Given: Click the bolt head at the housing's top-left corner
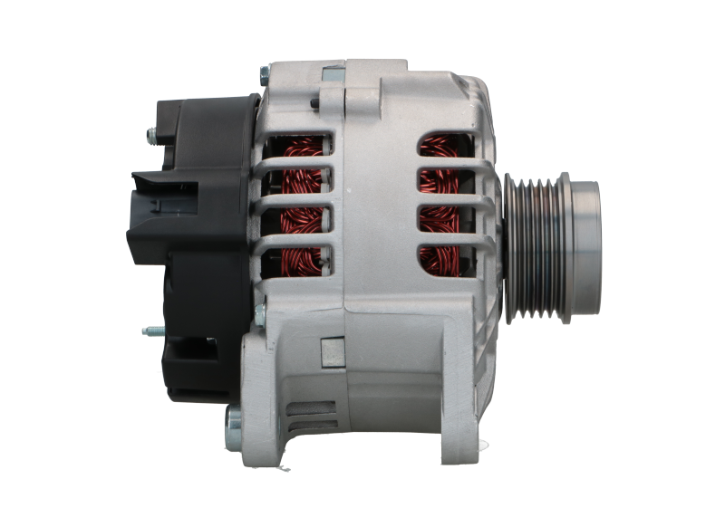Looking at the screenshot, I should coord(264,70).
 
